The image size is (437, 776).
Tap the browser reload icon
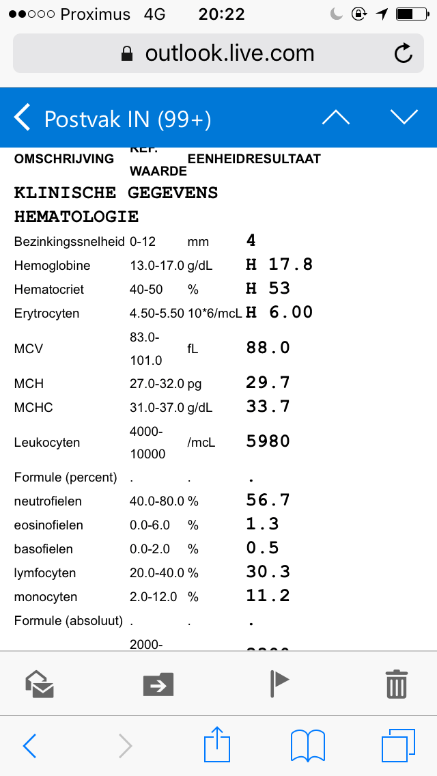404,53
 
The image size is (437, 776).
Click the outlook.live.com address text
229,53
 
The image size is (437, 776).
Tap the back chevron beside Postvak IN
23,118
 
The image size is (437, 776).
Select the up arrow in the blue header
335,118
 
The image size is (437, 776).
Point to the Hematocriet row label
49,290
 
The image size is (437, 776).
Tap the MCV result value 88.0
268,348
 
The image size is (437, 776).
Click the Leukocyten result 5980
268,441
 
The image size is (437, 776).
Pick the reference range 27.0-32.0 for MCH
156,384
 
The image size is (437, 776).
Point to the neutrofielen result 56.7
268,500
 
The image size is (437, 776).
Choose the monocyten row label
46,597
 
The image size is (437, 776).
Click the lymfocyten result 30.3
268,572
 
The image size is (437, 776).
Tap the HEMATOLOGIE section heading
76,217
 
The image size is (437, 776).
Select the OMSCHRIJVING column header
64,159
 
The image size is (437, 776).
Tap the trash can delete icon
397,683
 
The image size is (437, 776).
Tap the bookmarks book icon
308,745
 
